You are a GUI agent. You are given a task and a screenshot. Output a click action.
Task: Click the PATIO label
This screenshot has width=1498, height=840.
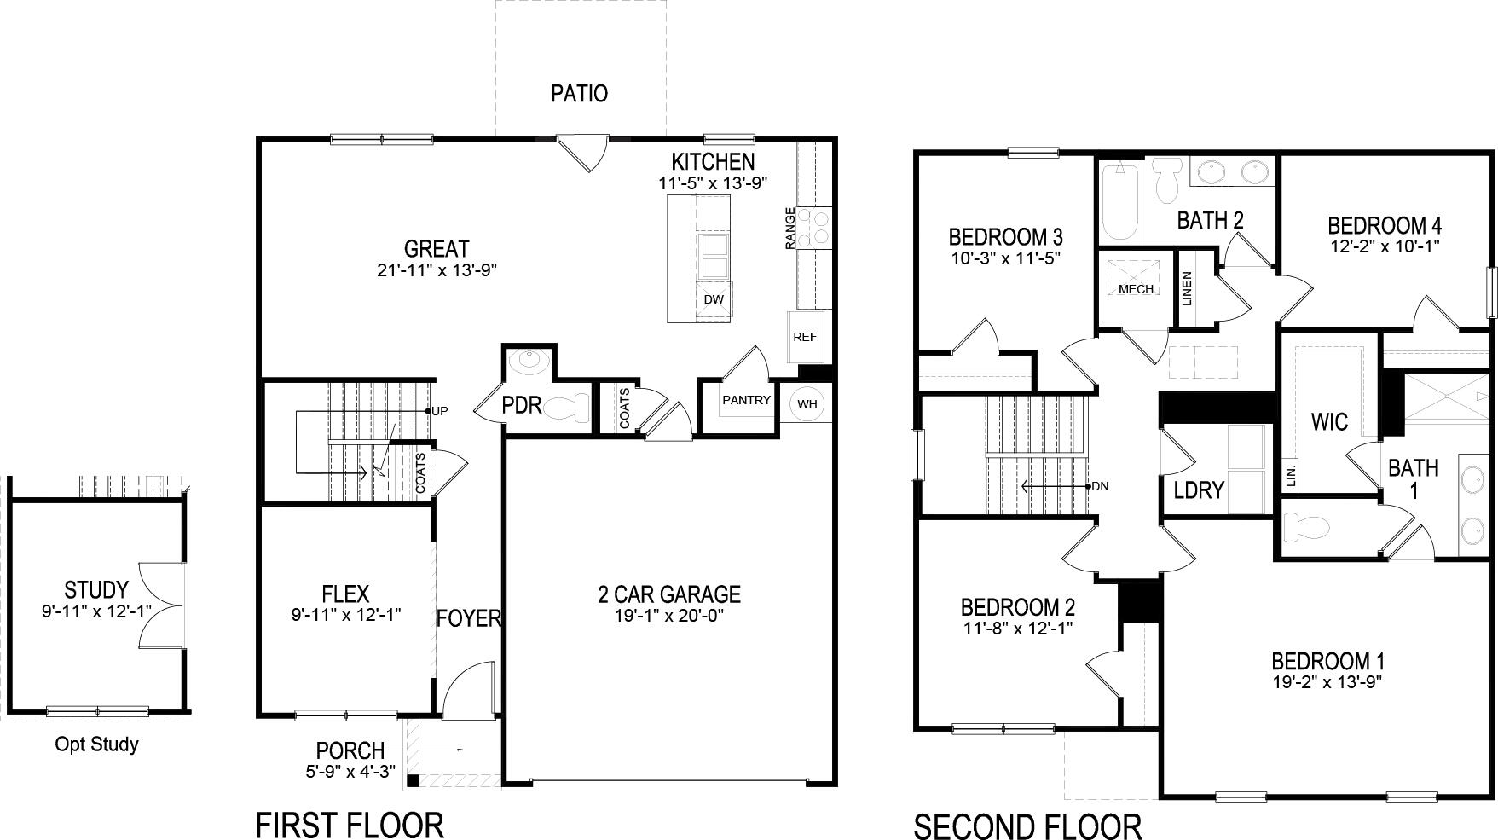(x=579, y=93)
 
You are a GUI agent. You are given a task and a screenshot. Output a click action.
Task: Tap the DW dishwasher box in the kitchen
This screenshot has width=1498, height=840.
(x=714, y=299)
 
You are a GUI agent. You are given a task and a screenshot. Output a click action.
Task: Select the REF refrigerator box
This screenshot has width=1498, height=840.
(x=804, y=337)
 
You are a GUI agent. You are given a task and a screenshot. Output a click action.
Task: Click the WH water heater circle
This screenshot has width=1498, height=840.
(x=807, y=404)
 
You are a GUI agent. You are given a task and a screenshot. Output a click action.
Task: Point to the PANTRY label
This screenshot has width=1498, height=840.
(x=746, y=400)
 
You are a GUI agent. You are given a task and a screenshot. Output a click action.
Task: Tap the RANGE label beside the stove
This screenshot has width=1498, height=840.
(x=789, y=229)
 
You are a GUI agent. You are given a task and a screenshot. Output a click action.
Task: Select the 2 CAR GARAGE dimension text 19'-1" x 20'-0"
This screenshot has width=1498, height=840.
(x=668, y=616)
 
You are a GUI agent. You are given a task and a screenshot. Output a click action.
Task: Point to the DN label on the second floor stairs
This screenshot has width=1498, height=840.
(x=1099, y=486)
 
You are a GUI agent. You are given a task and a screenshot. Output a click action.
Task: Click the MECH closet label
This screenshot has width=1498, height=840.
(x=1136, y=289)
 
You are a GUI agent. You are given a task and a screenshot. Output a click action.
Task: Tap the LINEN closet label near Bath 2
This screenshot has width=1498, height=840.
(x=1187, y=288)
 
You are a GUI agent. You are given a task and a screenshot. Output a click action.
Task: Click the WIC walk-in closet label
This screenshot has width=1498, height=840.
(x=1329, y=421)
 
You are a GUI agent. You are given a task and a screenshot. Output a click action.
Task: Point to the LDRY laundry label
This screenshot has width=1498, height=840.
(x=1199, y=490)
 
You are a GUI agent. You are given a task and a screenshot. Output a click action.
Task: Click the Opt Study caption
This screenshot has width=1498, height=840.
(x=96, y=744)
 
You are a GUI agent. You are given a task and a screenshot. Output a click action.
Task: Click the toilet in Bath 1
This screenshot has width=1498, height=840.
(x=1306, y=526)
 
